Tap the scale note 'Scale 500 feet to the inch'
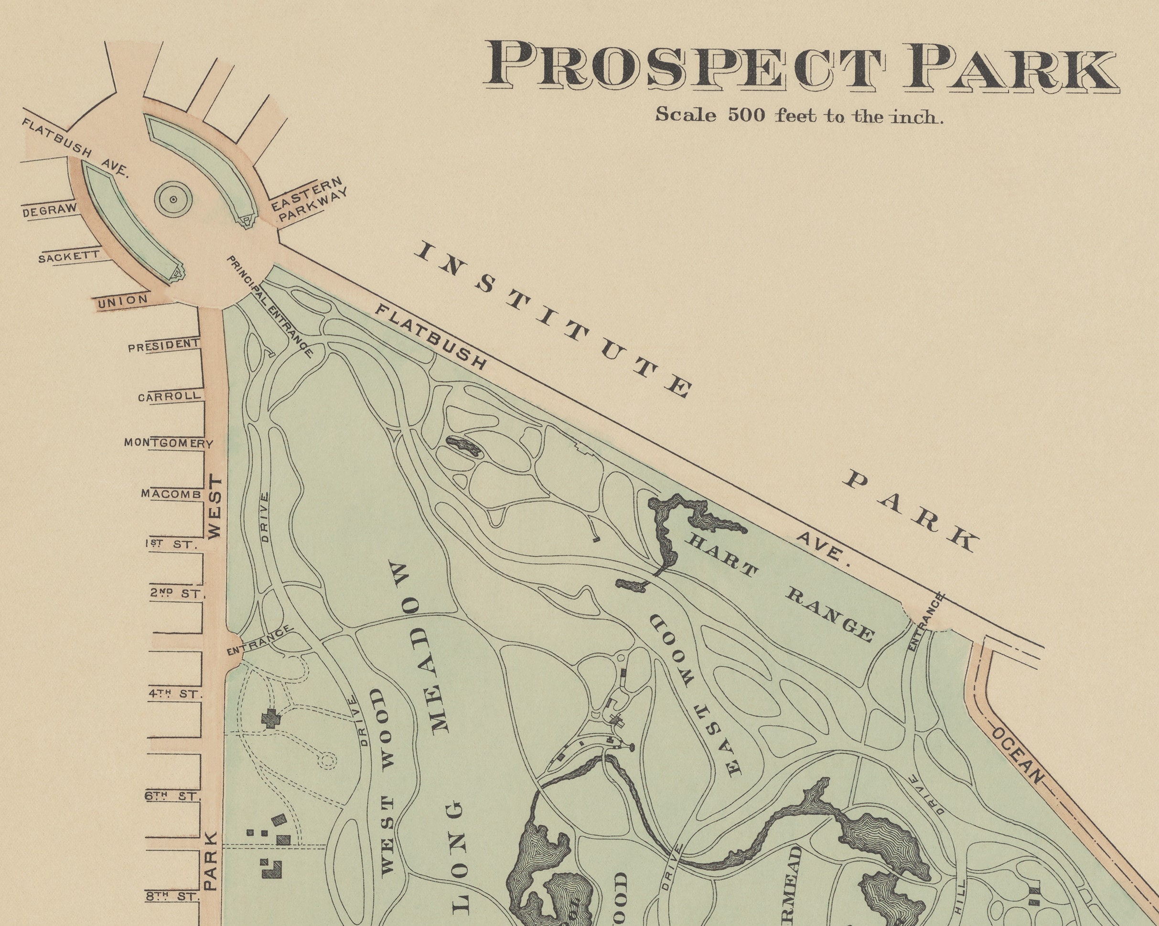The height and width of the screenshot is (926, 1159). coord(799,116)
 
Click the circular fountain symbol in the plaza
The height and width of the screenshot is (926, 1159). coord(173,199)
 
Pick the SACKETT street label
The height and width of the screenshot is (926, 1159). coord(69,256)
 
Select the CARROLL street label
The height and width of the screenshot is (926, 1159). coord(169,396)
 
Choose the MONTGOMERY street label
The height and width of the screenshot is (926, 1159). coord(168,443)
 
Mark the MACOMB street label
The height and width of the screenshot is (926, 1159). coord(171,494)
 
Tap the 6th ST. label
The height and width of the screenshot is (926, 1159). coord(172,796)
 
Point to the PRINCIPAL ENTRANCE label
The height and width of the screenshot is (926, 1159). coord(269,306)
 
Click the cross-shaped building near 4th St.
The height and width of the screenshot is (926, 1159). coord(269,718)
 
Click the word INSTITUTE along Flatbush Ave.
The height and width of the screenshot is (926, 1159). coord(554,320)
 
